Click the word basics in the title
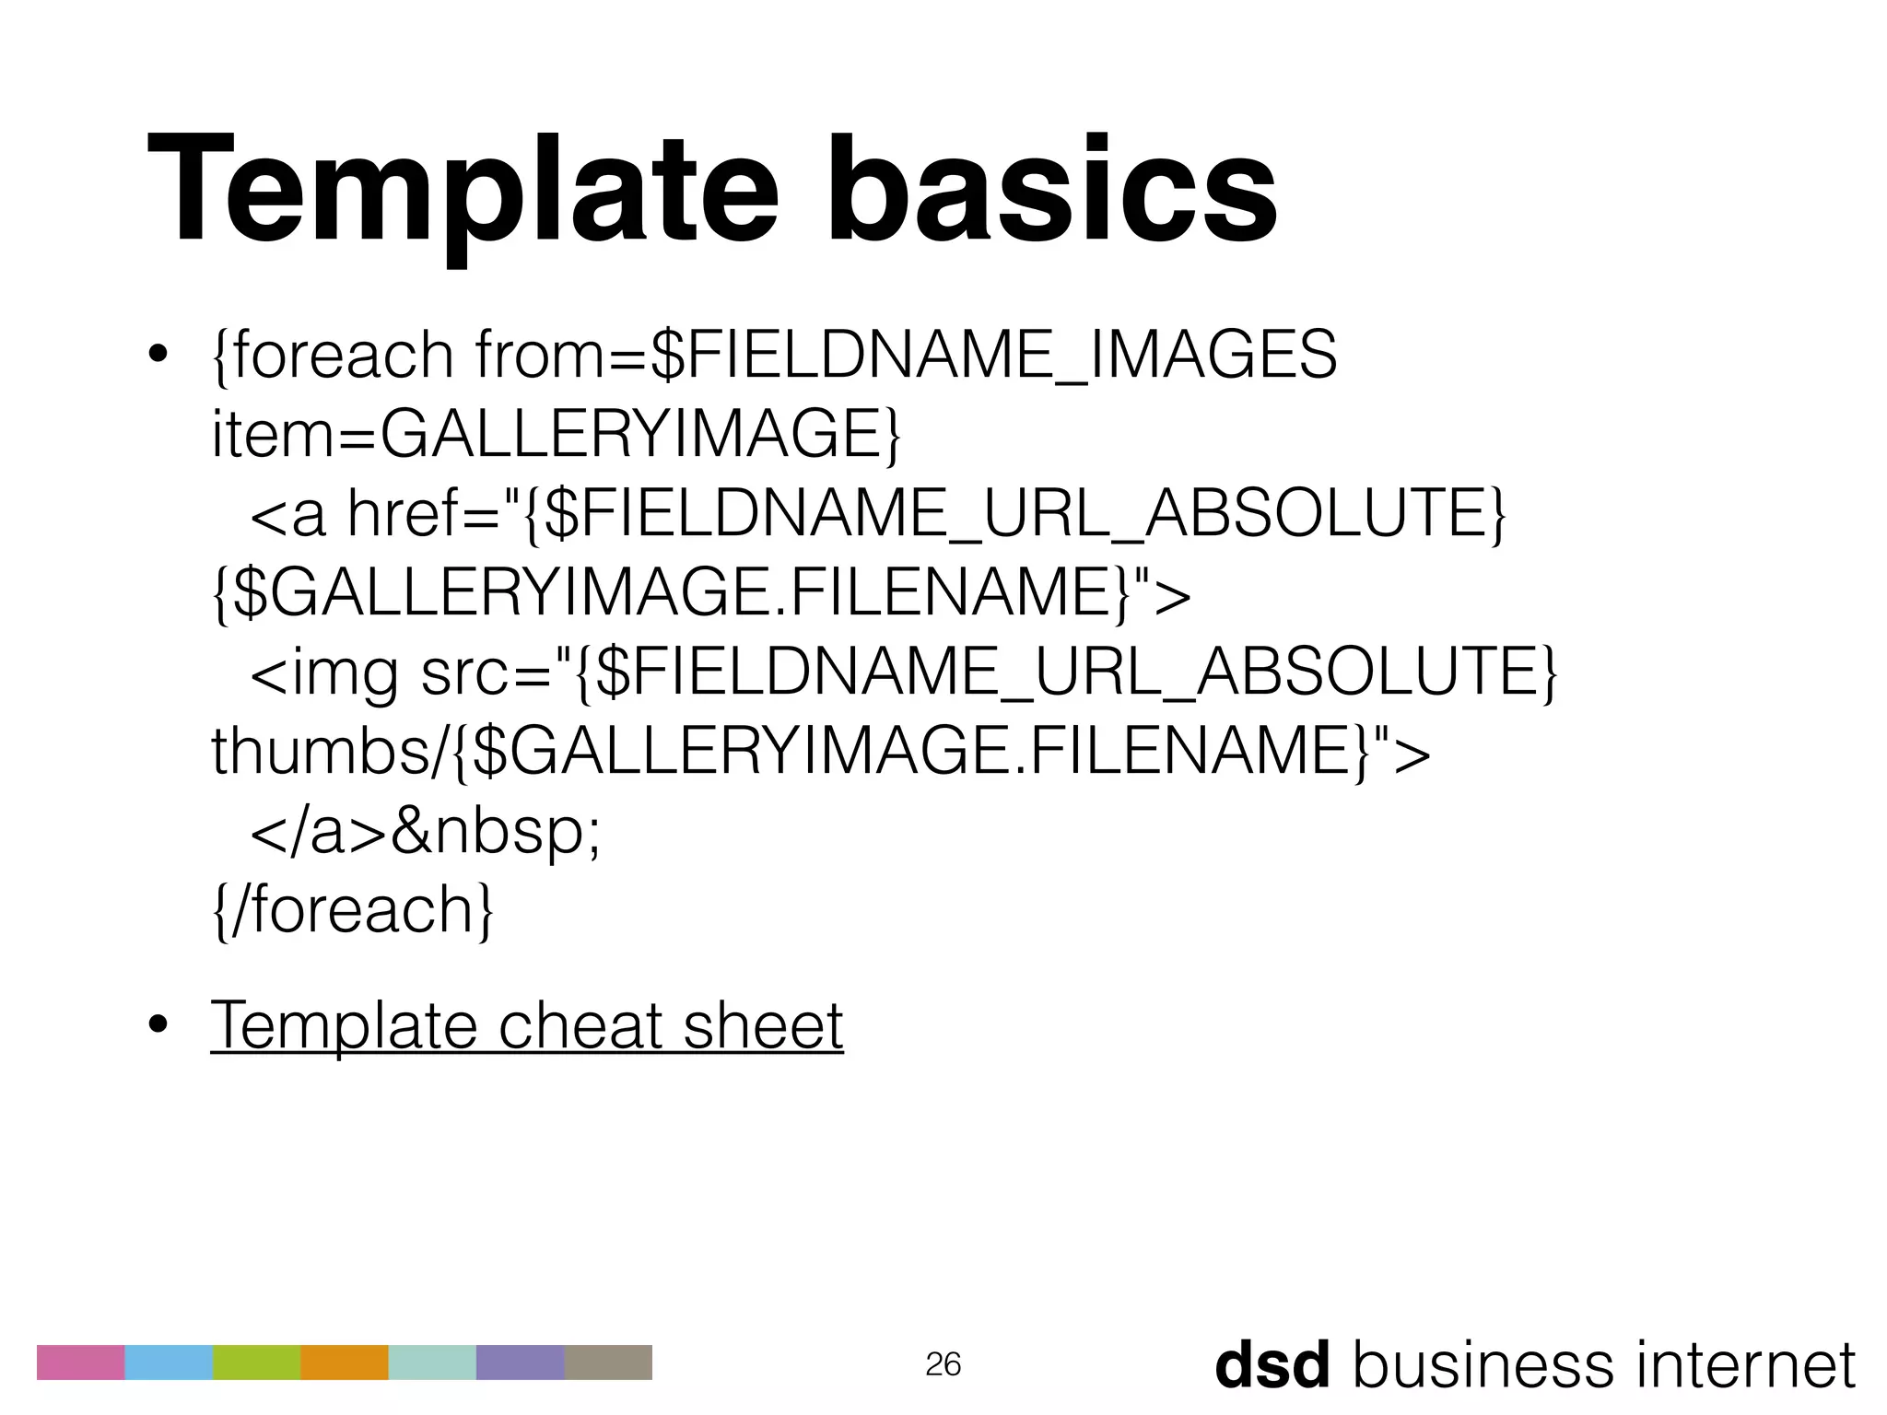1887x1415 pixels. pyautogui.click(x=1050, y=189)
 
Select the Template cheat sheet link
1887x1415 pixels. pyautogui.click(x=526, y=1025)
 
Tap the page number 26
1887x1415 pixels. pyautogui.click(x=943, y=1364)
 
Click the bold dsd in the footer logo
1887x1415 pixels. pyautogui.click(x=1272, y=1364)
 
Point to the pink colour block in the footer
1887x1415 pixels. pyautogui.click(x=80, y=1362)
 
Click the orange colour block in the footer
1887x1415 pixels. pyautogui.click(x=345, y=1362)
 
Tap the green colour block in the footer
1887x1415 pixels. pyautogui.click(x=256, y=1362)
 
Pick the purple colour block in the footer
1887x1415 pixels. pyautogui.click(x=520, y=1362)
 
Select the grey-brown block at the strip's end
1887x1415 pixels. pyautogui.click(x=608, y=1362)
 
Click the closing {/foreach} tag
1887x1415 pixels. pyautogui.click(x=353, y=910)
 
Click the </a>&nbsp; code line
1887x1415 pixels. pyautogui.click(x=425, y=831)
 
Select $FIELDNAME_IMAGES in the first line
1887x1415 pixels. pyautogui.click(x=993, y=355)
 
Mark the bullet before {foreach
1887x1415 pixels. pyautogui.click(x=158, y=356)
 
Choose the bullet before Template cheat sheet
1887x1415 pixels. pyautogui.click(x=158, y=1025)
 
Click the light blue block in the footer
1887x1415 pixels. pyautogui.click(x=169, y=1362)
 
